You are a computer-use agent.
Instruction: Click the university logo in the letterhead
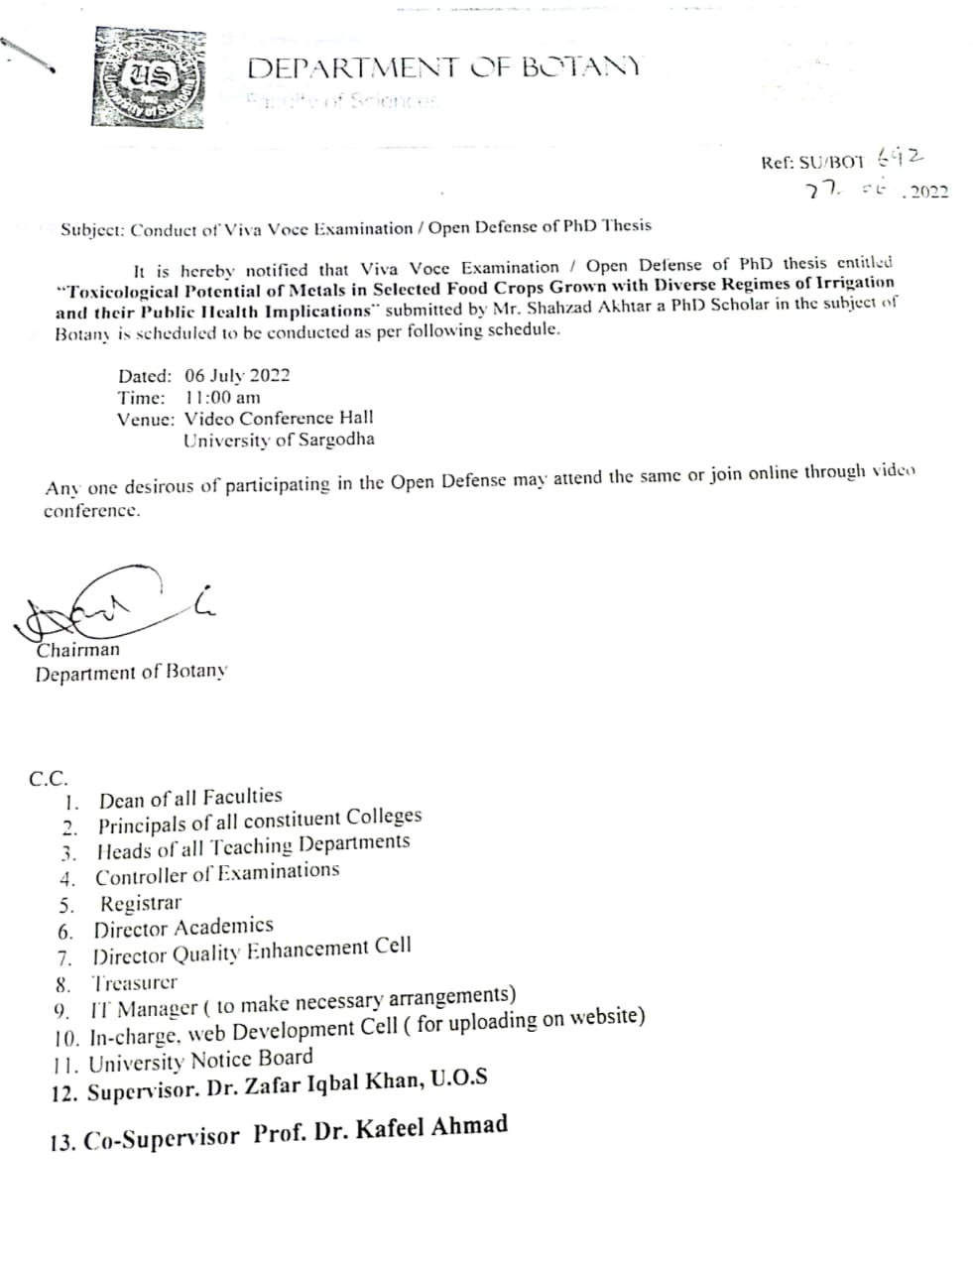[151, 78]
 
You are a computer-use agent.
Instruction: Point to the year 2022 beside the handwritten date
[928, 191]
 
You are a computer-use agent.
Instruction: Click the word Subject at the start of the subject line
[91, 229]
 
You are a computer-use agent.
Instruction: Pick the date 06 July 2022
[237, 375]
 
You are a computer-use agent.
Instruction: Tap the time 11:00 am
[223, 397]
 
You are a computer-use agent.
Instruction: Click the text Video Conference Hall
[279, 418]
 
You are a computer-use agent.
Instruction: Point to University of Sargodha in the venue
[279, 440]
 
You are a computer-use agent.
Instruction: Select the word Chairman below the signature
[77, 650]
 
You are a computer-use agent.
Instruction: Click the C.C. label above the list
[48, 778]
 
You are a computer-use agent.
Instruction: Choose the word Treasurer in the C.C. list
[134, 983]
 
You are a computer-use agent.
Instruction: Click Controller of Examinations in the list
[217, 874]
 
